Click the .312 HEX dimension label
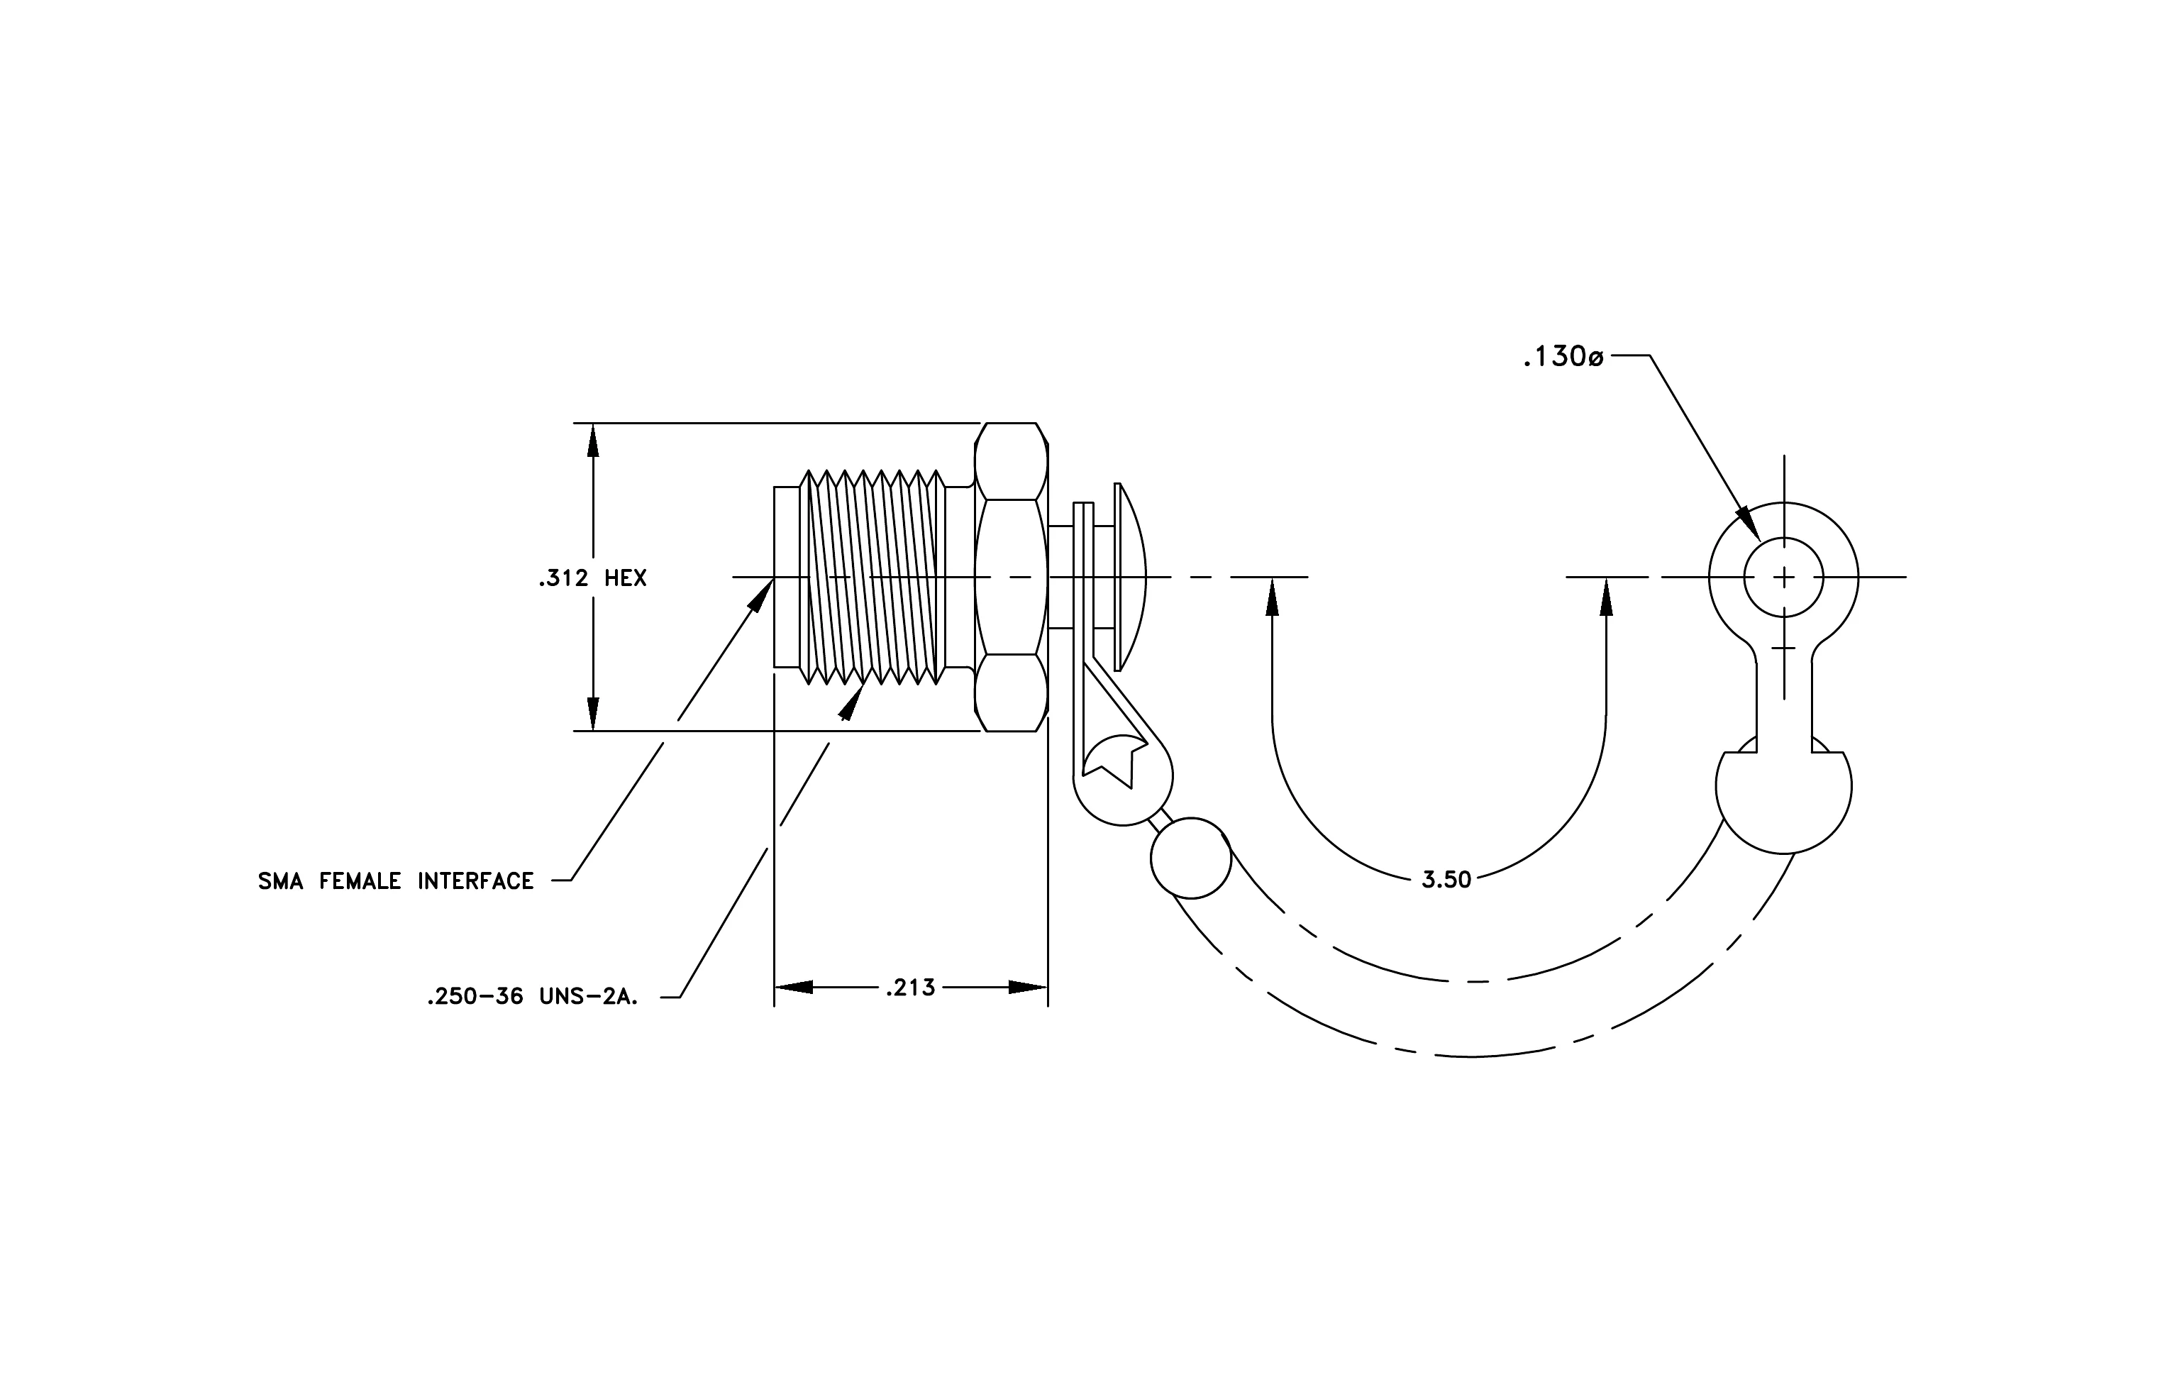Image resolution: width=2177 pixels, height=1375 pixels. (593, 578)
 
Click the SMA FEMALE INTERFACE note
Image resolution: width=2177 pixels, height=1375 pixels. (396, 881)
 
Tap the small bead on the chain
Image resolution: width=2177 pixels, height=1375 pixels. (1191, 858)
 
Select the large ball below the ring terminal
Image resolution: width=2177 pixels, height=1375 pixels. (1784, 795)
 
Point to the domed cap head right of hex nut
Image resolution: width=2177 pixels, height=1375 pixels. (1130, 577)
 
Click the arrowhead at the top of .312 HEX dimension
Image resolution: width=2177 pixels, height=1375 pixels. (593, 441)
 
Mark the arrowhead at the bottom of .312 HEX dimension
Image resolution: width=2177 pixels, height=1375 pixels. (593, 712)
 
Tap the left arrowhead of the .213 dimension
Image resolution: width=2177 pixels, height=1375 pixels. (793, 987)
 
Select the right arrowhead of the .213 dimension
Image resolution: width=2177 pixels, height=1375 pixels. (1029, 987)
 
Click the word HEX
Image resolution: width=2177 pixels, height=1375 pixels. (626, 578)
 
